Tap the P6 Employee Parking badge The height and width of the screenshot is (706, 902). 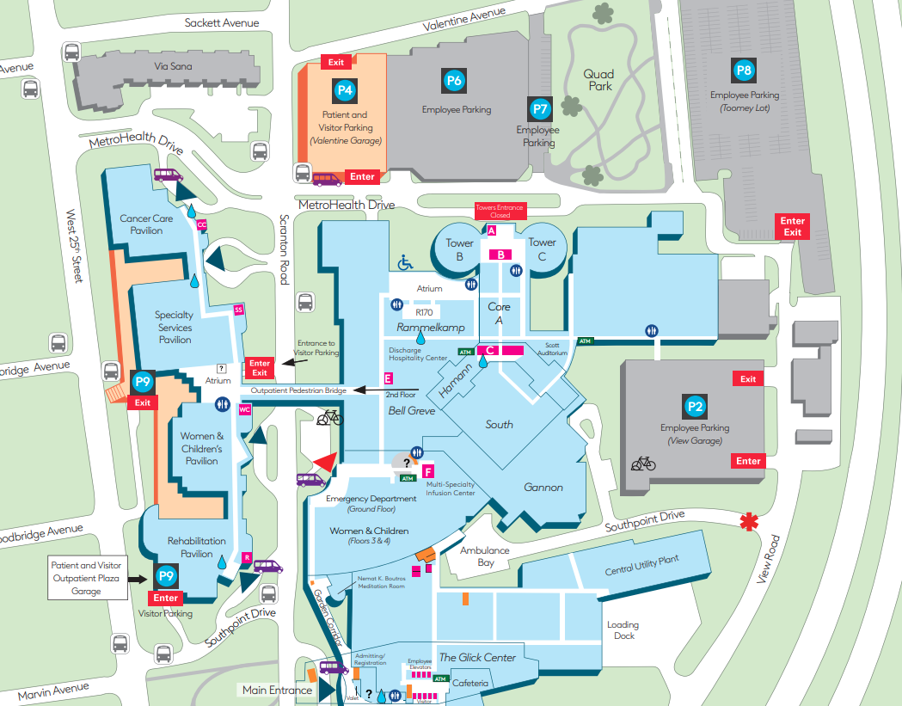(x=454, y=81)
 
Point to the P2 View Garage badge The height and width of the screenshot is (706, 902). (x=695, y=406)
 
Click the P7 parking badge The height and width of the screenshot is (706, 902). (x=539, y=108)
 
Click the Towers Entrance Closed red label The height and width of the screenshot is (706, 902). (x=500, y=212)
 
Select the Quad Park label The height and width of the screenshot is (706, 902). (x=600, y=80)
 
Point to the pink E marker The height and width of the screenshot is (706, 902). (x=389, y=378)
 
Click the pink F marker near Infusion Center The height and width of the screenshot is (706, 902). (x=427, y=471)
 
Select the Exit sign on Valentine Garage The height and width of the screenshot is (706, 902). (x=335, y=62)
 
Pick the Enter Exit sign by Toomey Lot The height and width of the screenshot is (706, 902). (x=792, y=227)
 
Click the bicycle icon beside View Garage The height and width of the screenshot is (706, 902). (x=643, y=464)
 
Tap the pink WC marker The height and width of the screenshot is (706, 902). (x=244, y=409)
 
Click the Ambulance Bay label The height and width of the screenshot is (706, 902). (x=484, y=556)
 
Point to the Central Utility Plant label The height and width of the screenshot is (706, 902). (x=641, y=565)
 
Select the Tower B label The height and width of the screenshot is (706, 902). (x=460, y=249)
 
